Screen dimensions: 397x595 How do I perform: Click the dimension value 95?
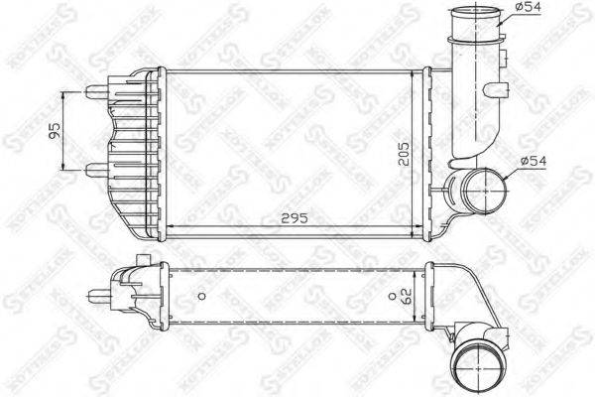click(x=56, y=129)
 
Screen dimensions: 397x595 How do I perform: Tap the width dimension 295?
click(x=294, y=216)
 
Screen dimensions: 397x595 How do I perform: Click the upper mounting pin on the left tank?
click(x=95, y=91)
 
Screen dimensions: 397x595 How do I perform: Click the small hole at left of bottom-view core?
click(x=201, y=295)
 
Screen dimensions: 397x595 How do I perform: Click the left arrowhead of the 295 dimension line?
click(x=166, y=227)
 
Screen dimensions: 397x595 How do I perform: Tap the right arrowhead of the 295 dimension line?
click(x=420, y=227)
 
